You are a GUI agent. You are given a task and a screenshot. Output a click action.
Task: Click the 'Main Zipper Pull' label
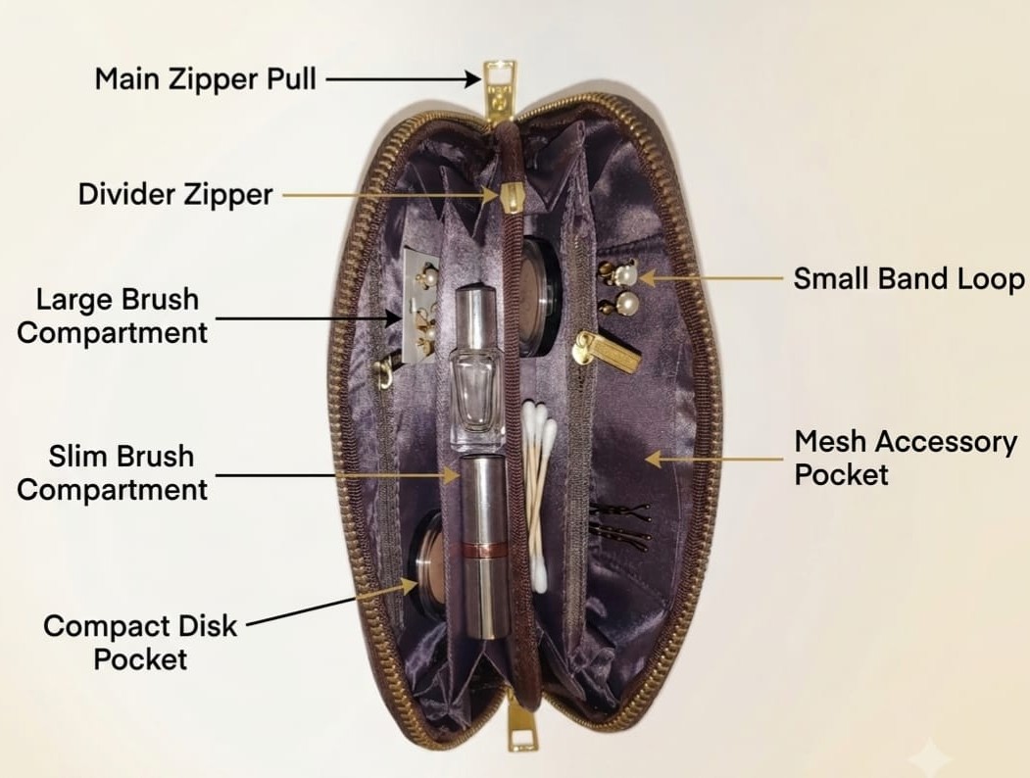[206, 78]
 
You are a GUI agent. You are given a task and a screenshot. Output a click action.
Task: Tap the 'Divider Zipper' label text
[175, 194]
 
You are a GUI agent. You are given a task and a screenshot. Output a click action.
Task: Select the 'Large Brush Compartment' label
[113, 316]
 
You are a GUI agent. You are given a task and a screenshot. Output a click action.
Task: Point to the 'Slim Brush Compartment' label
[113, 472]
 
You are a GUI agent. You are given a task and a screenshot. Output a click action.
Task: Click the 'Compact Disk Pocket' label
[140, 642]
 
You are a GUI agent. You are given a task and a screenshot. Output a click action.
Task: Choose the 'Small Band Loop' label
[909, 278]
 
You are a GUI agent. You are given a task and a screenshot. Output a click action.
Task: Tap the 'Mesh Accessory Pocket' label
[906, 458]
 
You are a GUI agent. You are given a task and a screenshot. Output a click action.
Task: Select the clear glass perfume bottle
[477, 367]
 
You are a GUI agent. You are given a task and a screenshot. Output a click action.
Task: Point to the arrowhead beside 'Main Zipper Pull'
[473, 78]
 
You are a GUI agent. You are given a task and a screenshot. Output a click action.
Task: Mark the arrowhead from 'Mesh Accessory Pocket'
[653, 458]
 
